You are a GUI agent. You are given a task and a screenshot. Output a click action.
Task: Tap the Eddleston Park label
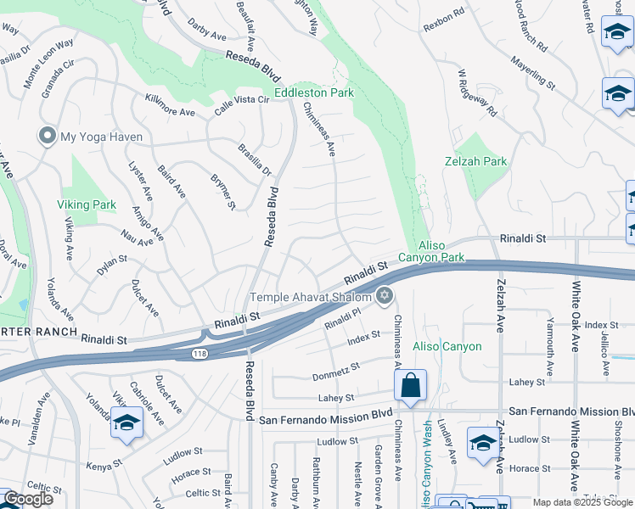[x=312, y=93]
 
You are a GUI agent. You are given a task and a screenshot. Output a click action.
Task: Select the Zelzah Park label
[x=475, y=160]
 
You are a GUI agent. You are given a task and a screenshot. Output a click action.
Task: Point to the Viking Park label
[x=87, y=204]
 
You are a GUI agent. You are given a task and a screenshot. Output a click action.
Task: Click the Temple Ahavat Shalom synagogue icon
[x=385, y=296]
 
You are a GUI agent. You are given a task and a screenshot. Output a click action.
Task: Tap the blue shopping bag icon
[x=410, y=386]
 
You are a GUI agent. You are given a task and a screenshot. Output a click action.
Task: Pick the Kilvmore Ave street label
[x=170, y=106]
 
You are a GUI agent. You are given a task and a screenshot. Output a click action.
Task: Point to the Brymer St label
[x=222, y=192]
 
